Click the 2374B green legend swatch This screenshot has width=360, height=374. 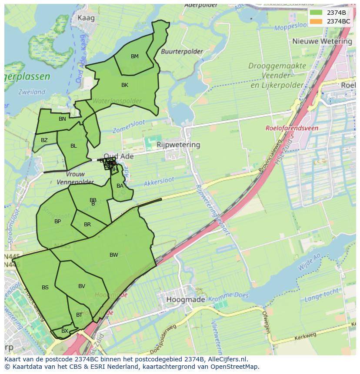click(x=317, y=13)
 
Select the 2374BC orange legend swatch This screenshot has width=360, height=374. click(x=317, y=21)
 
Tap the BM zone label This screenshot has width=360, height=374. click(x=135, y=56)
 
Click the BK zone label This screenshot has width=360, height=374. click(x=125, y=85)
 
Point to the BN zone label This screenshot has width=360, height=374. click(x=62, y=119)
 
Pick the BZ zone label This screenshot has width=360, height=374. click(x=44, y=140)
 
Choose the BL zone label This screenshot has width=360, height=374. click(x=73, y=146)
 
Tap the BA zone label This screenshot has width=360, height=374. click(x=120, y=186)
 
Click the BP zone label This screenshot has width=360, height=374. click(x=58, y=222)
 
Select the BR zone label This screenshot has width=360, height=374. click(x=87, y=225)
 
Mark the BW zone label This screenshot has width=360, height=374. click(x=113, y=255)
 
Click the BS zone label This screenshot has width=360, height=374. click(x=45, y=288)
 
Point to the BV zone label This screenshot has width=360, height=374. click(x=82, y=286)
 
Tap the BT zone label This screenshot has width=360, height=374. click(x=79, y=315)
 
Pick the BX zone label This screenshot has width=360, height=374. click(x=64, y=331)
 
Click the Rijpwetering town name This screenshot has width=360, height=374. click(x=178, y=145)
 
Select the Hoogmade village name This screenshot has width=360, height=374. click(x=183, y=300)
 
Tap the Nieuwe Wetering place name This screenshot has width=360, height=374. click(x=322, y=41)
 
